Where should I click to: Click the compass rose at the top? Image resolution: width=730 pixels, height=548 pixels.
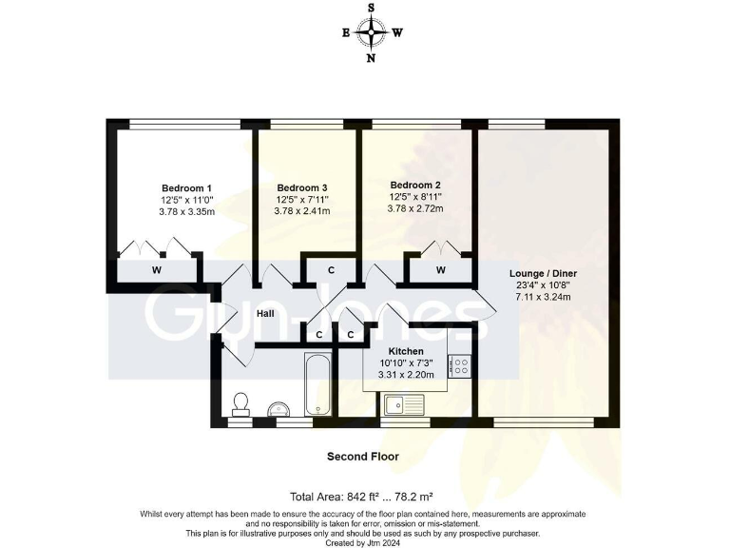[x=371, y=32]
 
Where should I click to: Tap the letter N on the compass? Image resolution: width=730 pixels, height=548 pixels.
[x=371, y=58]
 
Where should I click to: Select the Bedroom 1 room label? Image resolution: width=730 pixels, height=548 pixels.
[x=186, y=188]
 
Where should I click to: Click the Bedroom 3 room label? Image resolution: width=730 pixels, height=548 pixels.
[x=302, y=188]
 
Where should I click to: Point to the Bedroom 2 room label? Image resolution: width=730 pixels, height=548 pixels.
[x=415, y=185]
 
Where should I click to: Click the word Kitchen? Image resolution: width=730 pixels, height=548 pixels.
[x=405, y=352]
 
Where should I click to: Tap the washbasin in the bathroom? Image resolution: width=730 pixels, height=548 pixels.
[x=280, y=408]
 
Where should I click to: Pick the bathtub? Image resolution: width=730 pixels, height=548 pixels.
[x=317, y=385]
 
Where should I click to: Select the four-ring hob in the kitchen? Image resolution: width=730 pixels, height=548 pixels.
[x=460, y=365]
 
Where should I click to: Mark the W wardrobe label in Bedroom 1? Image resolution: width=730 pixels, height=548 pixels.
[x=155, y=270]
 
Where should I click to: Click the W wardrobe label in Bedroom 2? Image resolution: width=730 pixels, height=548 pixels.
[x=441, y=270]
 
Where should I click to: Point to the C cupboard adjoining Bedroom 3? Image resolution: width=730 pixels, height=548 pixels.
[x=332, y=270]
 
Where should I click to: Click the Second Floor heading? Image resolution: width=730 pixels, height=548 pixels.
[x=363, y=457]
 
